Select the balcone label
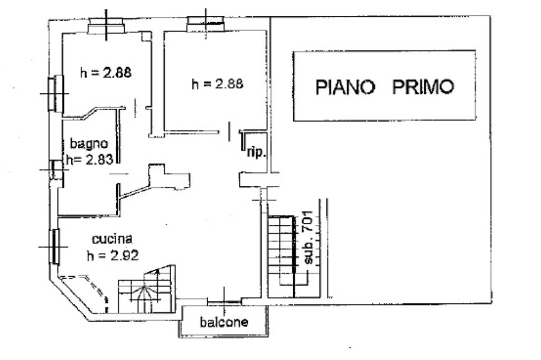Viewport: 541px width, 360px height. (x=223, y=322)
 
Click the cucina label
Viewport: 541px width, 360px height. (x=111, y=239)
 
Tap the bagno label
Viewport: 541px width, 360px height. (x=90, y=144)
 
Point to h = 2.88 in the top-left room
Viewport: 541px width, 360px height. (x=105, y=73)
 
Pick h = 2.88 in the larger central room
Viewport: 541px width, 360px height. (x=218, y=83)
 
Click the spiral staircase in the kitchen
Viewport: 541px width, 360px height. (x=145, y=293)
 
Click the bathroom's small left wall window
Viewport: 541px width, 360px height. (x=54, y=169)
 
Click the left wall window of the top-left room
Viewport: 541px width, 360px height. (x=54, y=93)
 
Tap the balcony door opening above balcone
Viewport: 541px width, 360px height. (x=224, y=301)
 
